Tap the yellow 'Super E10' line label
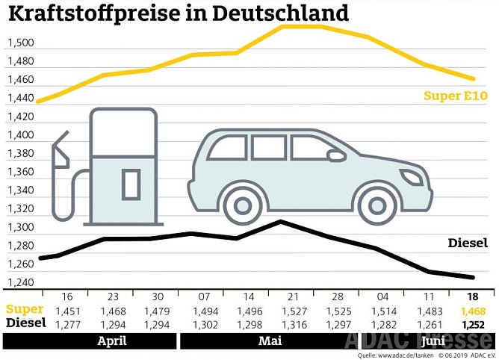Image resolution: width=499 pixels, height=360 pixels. (x=455, y=96)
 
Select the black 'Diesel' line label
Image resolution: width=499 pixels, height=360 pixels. (x=468, y=243)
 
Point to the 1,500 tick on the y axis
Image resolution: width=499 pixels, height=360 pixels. (x=21, y=43)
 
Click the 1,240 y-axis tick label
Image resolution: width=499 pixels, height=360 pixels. (x=21, y=282)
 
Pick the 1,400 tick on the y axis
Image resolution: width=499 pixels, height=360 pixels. (x=21, y=135)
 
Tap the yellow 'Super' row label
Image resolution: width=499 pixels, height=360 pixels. (x=22, y=309)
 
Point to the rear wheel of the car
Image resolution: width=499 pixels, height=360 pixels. (x=241, y=204)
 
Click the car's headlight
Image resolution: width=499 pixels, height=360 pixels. (x=412, y=177)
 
